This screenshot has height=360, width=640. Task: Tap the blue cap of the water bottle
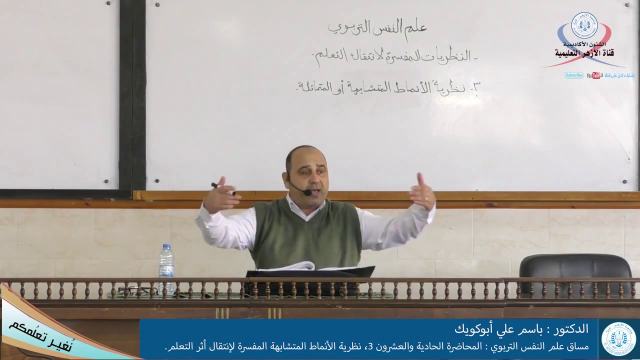click(166, 246)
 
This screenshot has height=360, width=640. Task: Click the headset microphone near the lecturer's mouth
click(305, 191)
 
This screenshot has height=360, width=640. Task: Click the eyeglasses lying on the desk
click(131, 290)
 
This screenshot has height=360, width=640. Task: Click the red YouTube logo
click(594, 75)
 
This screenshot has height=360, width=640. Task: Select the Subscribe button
click(574, 75)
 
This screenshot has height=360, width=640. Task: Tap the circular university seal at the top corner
click(584, 25)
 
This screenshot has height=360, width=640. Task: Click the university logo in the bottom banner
click(619, 339)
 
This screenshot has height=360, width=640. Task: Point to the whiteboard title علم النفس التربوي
click(377, 28)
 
